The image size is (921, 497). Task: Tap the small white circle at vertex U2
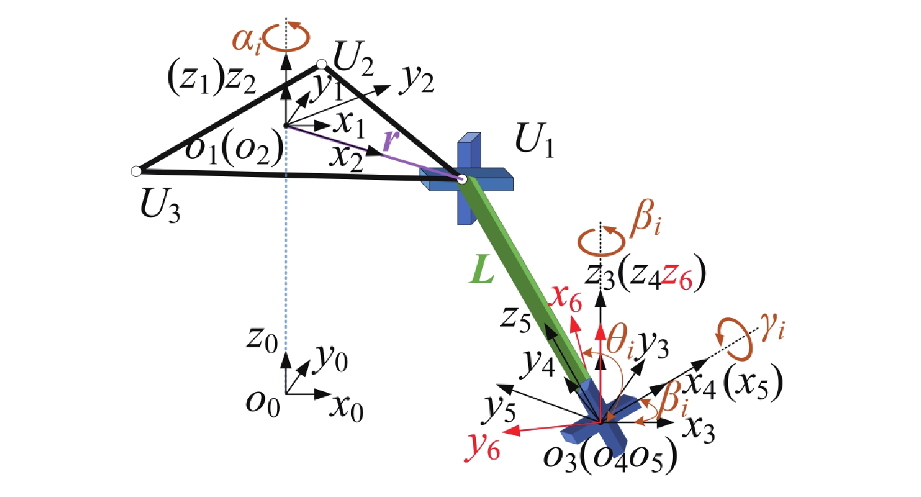pos(322,64)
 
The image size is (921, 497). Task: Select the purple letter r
pos(391,141)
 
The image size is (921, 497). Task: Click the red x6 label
pos(567,301)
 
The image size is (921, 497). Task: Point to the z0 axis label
pos(263,341)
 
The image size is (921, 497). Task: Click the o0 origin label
pos(263,403)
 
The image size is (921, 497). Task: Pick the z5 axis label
pos(516,319)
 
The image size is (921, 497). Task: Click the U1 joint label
pos(534,140)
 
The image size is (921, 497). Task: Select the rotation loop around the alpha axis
pos(287,38)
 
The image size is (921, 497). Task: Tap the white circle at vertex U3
pos(136,171)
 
